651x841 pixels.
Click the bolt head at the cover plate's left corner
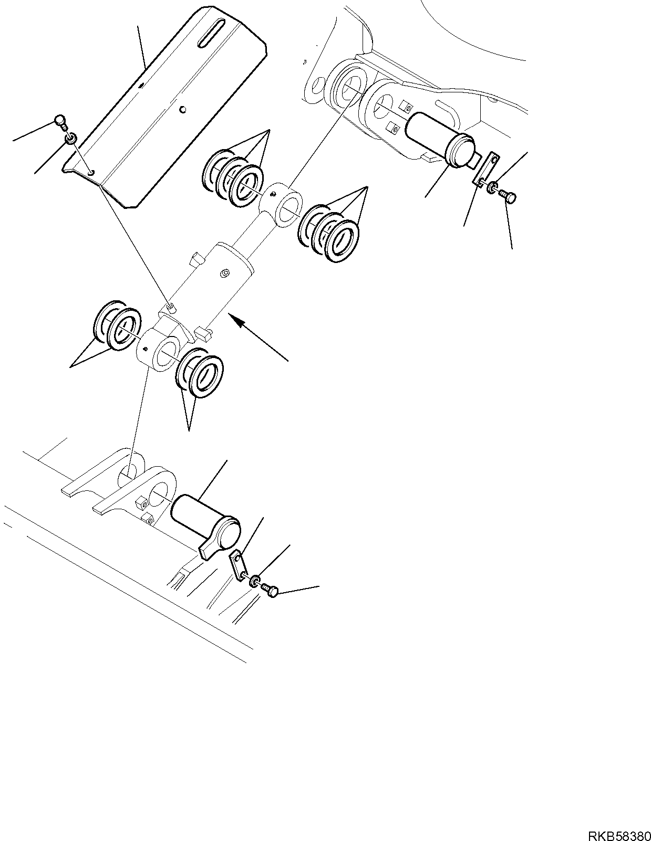[61, 122]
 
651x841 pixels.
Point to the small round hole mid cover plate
[182, 109]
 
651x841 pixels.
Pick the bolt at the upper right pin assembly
[509, 198]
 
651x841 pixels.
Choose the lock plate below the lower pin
[239, 564]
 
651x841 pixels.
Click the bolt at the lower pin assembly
[270, 591]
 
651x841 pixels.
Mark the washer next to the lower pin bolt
[255, 581]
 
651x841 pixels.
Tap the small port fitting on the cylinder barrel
[225, 273]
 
